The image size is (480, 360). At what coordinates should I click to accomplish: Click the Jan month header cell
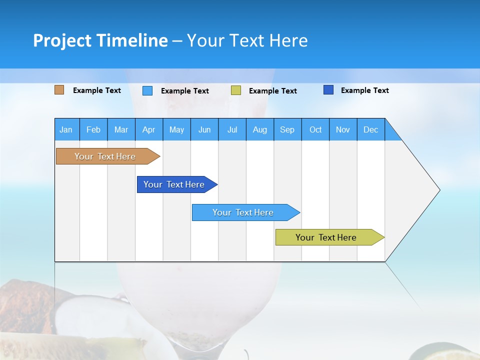[66, 129]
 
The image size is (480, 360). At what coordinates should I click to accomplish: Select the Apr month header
[148, 129]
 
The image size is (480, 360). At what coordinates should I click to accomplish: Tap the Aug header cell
[259, 129]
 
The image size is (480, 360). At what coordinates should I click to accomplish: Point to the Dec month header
[370, 129]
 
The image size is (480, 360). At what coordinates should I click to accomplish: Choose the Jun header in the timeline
[204, 129]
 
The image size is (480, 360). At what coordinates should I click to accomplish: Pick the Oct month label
[315, 129]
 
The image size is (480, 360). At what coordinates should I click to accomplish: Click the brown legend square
[59, 90]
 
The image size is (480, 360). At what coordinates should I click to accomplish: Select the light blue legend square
[147, 90]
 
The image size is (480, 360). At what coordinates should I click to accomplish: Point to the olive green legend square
[236, 90]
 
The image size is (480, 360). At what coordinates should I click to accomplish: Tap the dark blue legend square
[328, 90]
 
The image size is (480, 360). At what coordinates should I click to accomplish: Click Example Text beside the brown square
[96, 90]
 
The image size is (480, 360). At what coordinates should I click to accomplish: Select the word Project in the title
[62, 40]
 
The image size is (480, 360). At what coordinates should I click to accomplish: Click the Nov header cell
[342, 129]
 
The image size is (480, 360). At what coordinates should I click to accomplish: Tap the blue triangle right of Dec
[391, 133]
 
